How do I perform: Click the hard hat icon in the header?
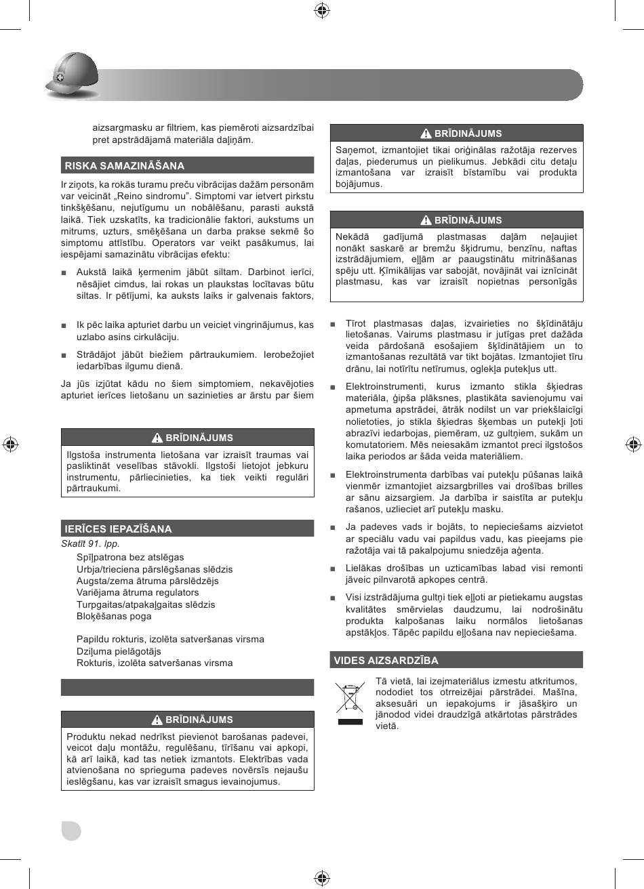(x=71, y=76)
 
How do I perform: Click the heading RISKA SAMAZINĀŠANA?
(x=124, y=165)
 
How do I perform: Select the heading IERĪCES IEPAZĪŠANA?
(x=118, y=529)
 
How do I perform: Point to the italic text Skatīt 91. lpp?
(x=90, y=543)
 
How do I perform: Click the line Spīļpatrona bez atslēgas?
(x=130, y=557)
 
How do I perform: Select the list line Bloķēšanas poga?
(x=114, y=616)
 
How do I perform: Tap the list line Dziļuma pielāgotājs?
(x=119, y=651)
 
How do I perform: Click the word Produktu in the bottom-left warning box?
(x=85, y=737)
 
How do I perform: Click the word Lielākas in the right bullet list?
(x=364, y=568)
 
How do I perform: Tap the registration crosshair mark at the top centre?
(x=322, y=9)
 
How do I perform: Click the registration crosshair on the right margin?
(x=632, y=444)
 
